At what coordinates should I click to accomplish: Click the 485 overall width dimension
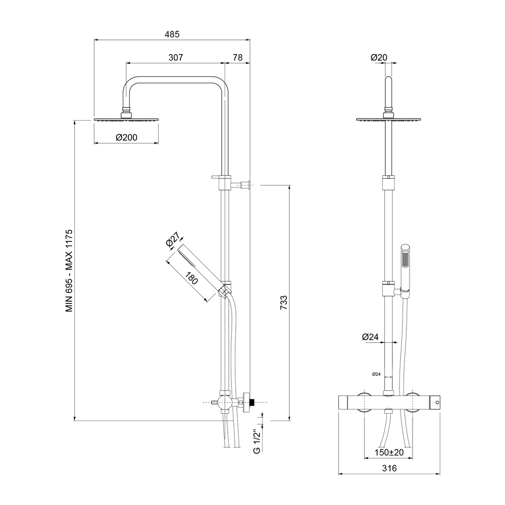click(172, 34)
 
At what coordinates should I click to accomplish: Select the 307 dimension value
click(176, 58)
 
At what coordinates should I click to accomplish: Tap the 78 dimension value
click(237, 58)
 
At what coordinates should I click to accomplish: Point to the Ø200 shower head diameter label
click(126, 137)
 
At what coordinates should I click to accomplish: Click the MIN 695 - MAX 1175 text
click(69, 271)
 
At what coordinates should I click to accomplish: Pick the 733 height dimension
click(283, 302)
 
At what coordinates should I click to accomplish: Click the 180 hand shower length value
click(191, 278)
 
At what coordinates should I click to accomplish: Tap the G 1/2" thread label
click(257, 441)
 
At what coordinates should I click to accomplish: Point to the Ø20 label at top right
click(379, 58)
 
